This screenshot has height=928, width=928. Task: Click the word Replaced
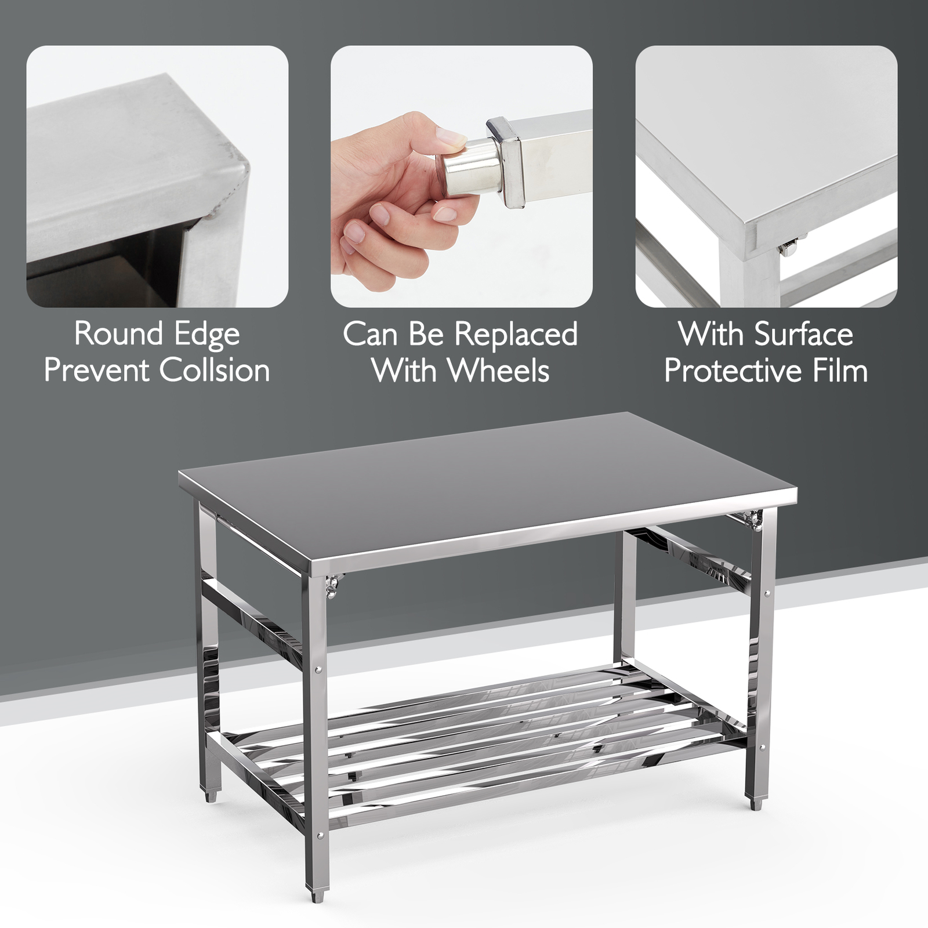click(516, 335)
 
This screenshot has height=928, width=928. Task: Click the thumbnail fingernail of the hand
click(449, 137)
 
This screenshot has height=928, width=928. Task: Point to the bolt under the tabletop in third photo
click(789, 248)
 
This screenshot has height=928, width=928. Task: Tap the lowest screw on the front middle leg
click(320, 836)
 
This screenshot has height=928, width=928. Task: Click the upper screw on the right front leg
click(768, 593)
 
